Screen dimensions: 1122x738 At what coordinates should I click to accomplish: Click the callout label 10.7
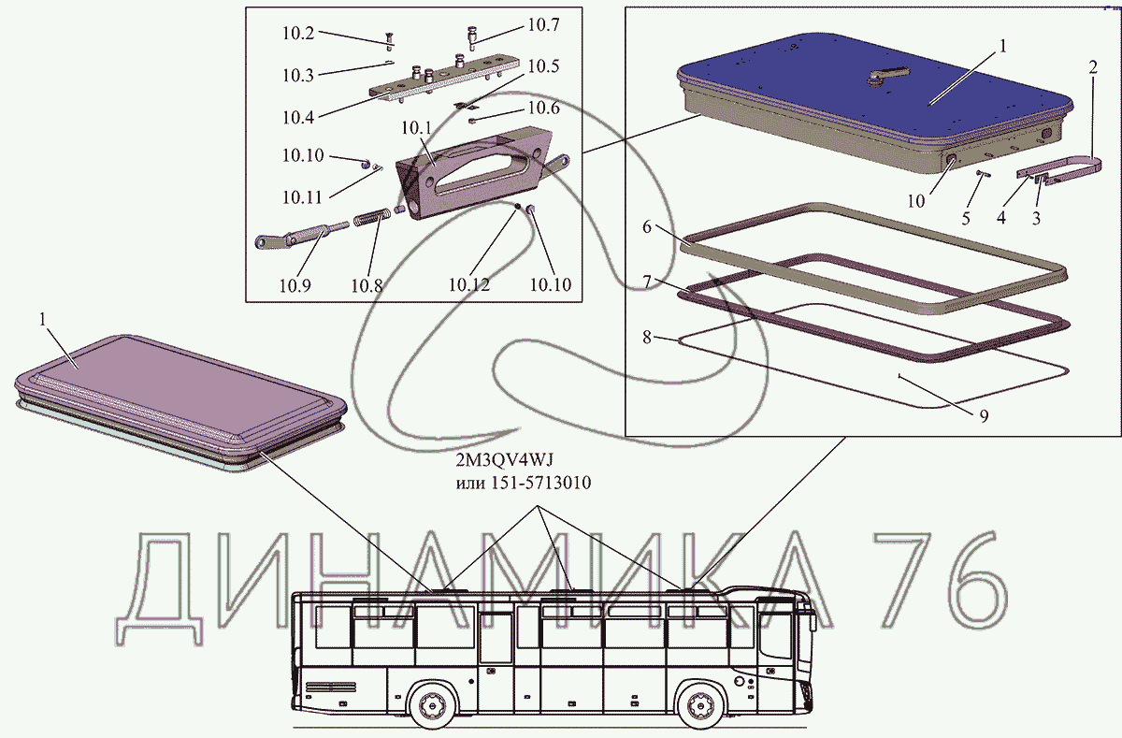point(542,24)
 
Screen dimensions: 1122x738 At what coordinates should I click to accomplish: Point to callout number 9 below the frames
point(984,416)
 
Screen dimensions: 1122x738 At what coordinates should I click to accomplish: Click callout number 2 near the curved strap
point(1092,66)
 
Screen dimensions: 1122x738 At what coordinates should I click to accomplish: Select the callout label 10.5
point(543,66)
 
